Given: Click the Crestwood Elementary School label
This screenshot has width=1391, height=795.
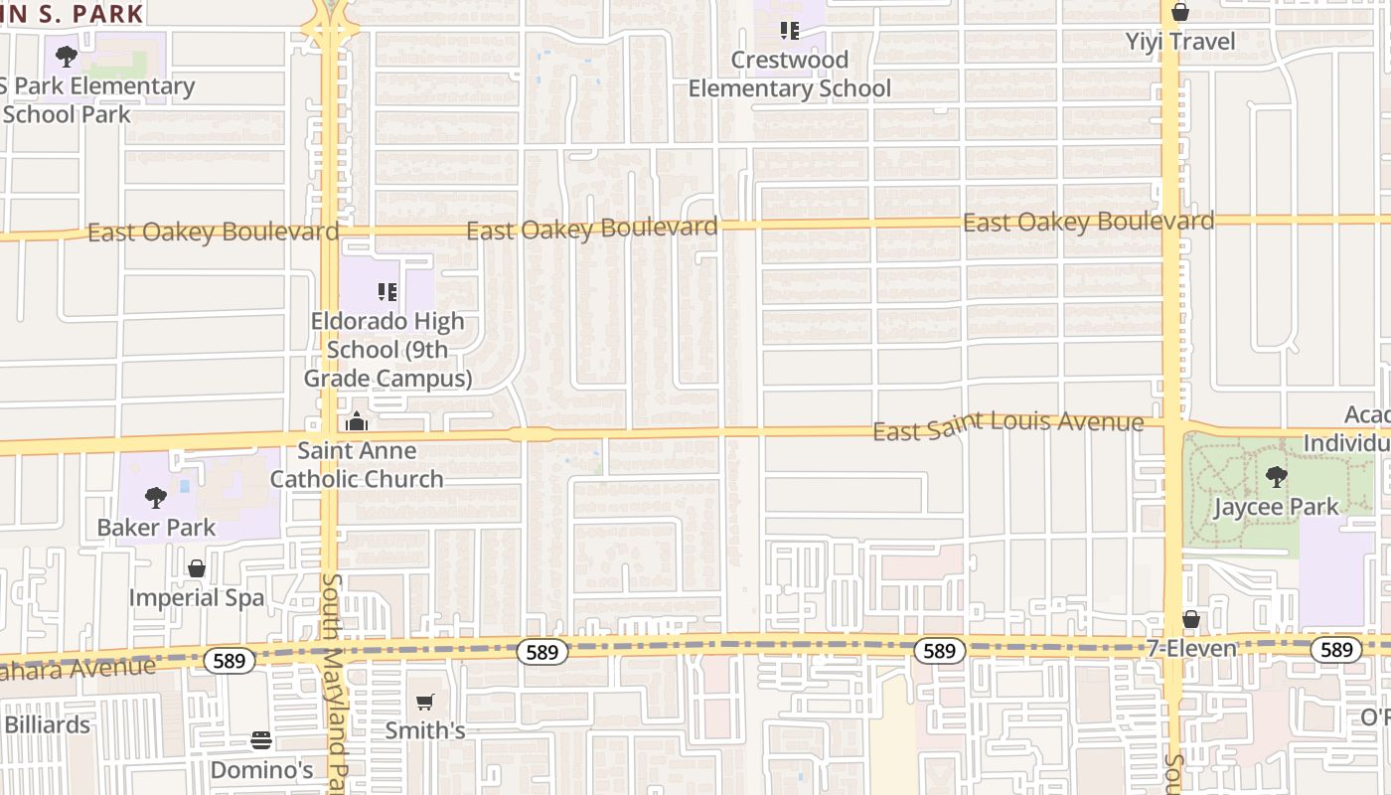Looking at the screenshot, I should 790,75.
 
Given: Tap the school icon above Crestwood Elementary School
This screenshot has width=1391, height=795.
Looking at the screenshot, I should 790,31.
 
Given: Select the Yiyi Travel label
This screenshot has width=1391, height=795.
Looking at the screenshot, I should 1180,42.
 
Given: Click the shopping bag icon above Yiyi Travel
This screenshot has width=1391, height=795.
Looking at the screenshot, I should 1180,13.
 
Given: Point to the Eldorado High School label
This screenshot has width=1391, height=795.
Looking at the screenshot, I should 387,350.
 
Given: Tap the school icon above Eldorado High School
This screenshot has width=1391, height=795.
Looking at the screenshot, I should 387,292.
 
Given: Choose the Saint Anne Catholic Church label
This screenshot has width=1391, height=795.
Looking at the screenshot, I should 357,465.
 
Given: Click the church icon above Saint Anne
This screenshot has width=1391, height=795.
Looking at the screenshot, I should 357,423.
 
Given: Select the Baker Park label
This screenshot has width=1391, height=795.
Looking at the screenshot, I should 156,527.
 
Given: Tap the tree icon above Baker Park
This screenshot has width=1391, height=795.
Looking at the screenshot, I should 156,497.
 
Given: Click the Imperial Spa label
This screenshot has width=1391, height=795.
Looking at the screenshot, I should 197,597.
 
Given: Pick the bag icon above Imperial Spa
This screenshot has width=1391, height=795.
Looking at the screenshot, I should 197,568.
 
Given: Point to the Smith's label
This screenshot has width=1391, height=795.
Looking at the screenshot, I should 425,730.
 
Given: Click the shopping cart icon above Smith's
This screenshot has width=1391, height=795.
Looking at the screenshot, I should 425,703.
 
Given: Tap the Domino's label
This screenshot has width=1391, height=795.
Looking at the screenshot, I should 261,770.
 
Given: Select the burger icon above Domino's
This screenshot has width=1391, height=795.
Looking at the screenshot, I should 261,740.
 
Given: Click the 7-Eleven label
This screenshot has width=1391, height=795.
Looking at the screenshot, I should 1191,649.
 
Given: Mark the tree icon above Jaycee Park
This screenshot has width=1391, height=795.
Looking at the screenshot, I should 1277,478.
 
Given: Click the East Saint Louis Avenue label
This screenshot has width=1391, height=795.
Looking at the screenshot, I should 1007,425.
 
